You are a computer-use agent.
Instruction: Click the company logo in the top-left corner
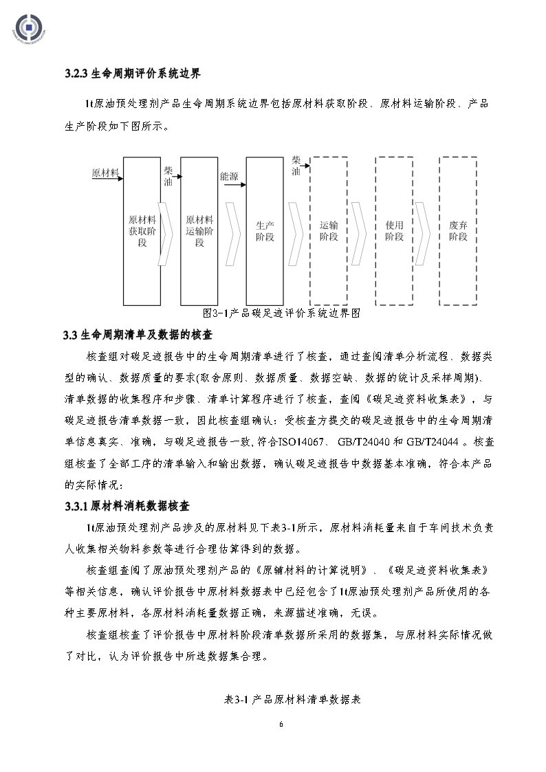[30, 28]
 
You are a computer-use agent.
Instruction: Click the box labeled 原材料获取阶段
[142, 231]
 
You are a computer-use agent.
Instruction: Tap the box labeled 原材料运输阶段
[199, 231]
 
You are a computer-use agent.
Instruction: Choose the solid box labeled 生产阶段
[265, 231]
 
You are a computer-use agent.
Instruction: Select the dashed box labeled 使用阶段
[394, 231]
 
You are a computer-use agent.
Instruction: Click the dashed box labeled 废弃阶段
[458, 231]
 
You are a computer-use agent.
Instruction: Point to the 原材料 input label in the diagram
[105, 173]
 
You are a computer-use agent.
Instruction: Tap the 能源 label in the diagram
[229, 177]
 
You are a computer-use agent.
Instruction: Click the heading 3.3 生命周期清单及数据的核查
[138, 335]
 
